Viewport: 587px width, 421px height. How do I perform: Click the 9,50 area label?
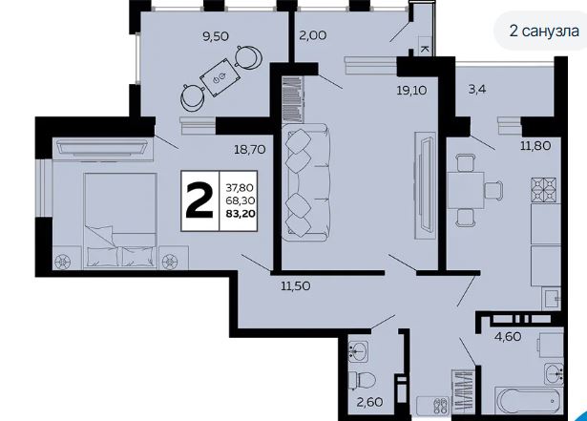coord(216,36)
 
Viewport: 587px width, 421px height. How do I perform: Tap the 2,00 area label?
coord(313,35)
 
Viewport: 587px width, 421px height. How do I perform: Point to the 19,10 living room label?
coord(411,91)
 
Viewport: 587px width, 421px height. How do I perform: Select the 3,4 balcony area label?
coord(477,90)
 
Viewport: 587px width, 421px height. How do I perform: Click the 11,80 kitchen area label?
coord(535,145)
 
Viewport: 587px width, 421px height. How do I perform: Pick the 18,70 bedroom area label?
coord(250,150)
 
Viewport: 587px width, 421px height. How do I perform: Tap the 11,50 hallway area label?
coord(296,286)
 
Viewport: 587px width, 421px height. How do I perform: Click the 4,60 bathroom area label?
coord(508,336)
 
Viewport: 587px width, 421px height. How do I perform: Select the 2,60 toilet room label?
coord(369,402)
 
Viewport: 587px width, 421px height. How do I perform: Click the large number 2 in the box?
coord(199,200)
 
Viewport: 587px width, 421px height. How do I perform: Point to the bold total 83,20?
coord(241,214)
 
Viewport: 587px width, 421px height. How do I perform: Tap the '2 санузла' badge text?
coord(544,31)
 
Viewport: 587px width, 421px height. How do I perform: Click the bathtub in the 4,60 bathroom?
coord(528,400)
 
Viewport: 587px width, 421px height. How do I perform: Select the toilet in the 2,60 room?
coord(362,381)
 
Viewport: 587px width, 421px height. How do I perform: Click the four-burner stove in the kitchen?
coord(544,190)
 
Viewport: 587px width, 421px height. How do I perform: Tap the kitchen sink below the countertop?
coord(551,299)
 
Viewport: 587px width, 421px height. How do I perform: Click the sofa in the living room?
coord(305,182)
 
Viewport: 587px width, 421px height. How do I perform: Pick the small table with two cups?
coord(220,77)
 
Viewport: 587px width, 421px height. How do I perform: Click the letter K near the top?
coord(425,49)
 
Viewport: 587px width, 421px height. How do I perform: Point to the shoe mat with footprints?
coord(432,406)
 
